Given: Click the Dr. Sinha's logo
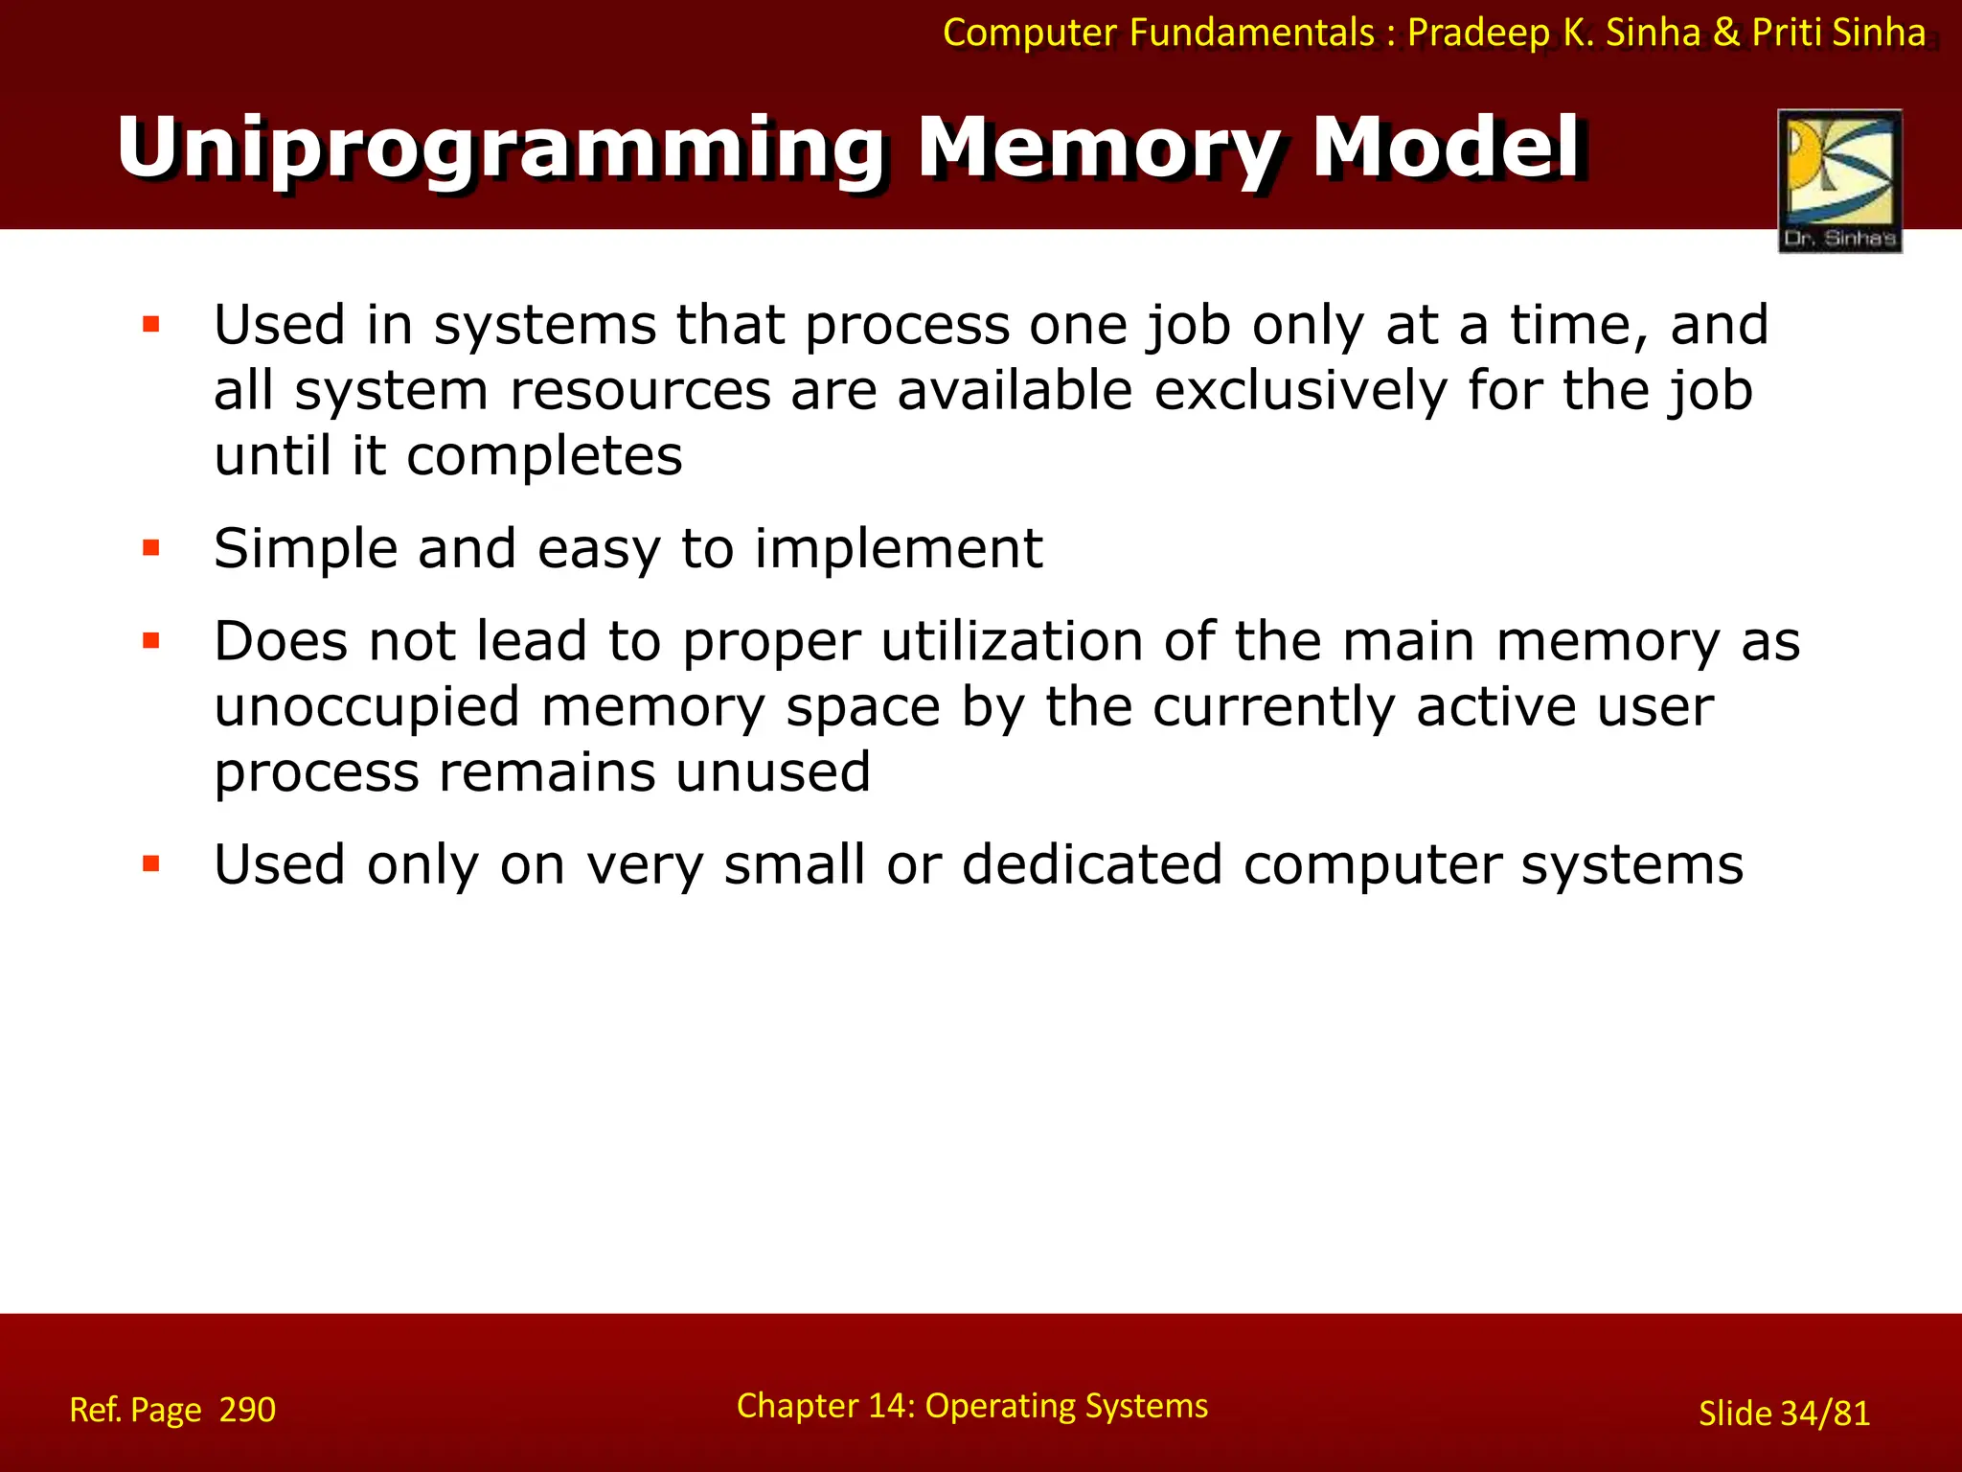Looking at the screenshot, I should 1839,180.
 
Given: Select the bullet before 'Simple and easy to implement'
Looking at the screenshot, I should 151,548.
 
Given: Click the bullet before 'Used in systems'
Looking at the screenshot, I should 151,325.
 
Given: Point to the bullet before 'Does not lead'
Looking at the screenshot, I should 151,640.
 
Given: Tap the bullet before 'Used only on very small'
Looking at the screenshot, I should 151,864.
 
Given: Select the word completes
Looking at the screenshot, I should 543,456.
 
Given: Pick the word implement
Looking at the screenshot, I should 898,549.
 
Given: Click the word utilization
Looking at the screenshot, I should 1012,641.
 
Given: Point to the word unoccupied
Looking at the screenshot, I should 367,708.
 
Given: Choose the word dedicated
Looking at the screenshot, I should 1092,864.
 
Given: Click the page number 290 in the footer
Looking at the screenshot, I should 247,1410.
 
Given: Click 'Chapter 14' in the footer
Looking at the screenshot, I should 826,1406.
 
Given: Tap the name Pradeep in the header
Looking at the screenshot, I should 1477,34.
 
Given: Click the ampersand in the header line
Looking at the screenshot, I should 1726,34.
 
